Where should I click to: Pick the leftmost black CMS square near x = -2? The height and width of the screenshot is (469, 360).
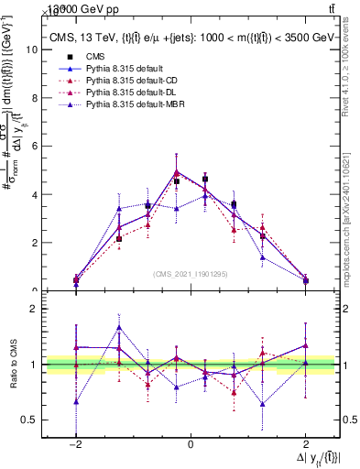coord(76,280)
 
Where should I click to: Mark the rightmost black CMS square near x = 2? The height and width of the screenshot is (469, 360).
coord(305,280)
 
